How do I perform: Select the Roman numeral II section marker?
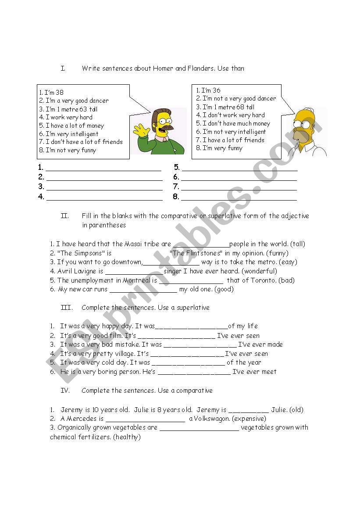[64, 216]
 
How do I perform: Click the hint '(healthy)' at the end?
[126, 437]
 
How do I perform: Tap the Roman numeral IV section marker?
[66, 391]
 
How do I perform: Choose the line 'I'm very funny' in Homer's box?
[222, 148]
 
